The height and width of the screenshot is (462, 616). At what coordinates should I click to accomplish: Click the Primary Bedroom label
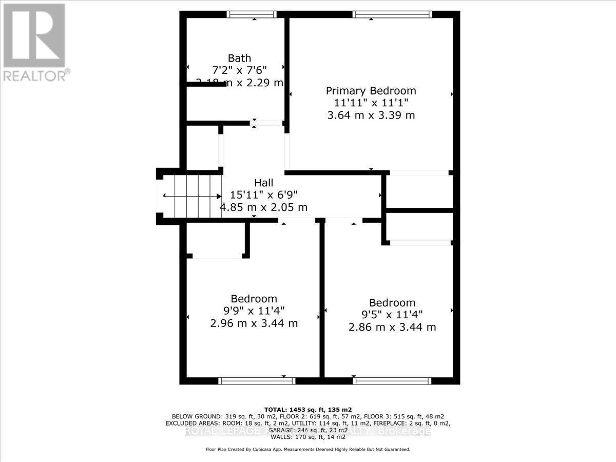point(371,91)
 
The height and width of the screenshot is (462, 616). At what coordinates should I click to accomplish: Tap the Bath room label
point(239,58)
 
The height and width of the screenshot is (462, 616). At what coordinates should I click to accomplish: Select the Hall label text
point(263,183)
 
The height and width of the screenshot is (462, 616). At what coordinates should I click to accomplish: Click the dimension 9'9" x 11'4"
point(254,311)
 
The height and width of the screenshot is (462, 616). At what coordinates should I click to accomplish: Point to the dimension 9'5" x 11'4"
point(392,315)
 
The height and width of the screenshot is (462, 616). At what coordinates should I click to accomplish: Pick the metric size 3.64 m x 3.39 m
point(371,115)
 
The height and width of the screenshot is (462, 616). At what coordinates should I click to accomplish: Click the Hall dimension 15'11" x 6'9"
point(263,195)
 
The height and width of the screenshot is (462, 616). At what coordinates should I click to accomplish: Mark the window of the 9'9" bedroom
point(256,380)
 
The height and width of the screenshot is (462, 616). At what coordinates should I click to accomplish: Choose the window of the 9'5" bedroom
point(392,380)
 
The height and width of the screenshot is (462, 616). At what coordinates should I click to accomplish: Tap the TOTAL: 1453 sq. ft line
point(307,409)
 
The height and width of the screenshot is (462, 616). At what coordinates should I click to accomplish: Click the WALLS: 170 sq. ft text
point(307,438)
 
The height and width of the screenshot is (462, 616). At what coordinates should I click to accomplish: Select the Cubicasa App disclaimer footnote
point(307,449)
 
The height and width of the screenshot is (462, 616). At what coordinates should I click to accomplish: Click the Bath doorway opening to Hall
point(267,123)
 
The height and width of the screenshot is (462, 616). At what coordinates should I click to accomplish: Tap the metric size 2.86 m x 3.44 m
point(392,327)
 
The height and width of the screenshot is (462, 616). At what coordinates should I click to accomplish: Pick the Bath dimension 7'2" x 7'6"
point(239,70)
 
